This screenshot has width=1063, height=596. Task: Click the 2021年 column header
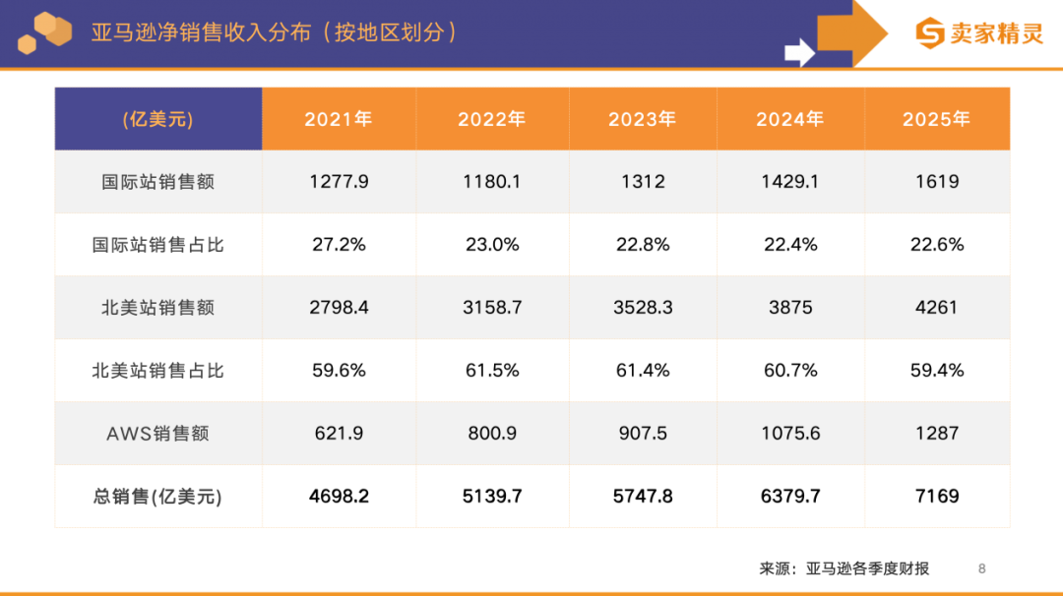click(339, 119)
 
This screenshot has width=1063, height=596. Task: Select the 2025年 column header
click(936, 119)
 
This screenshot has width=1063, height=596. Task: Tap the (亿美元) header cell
click(157, 119)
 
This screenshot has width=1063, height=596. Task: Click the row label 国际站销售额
click(157, 182)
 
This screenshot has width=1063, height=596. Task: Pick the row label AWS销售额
click(157, 434)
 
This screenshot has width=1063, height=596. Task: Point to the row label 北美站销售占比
click(157, 371)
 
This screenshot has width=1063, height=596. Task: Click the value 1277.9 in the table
click(339, 182)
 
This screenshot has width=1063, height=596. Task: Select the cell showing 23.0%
click(492, 245)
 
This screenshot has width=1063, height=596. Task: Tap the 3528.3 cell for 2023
click(643, 308)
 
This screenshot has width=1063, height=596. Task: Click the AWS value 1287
click(936, 434)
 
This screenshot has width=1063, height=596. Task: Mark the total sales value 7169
click(936, 497)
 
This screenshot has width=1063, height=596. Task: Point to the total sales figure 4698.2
click(339, 497)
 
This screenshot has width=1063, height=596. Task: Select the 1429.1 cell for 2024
click(790, 182)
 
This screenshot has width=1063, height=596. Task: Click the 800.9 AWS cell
click(492, 434)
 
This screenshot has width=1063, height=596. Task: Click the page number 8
click(981, 568)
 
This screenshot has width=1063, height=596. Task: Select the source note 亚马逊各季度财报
click(867, 568)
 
